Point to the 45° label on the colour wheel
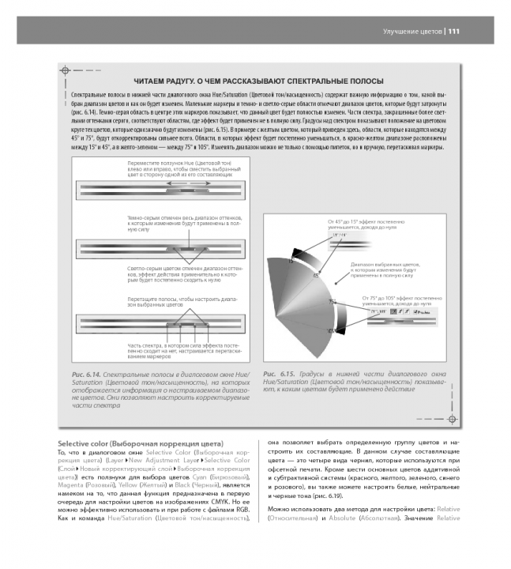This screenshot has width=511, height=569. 316,275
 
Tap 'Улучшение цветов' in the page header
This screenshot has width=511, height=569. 411,32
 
